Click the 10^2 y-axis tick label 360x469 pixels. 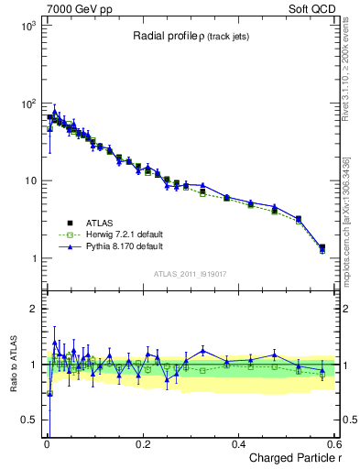point(27,104)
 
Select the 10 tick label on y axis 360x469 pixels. point(29,181)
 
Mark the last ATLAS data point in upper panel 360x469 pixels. point(322,246)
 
